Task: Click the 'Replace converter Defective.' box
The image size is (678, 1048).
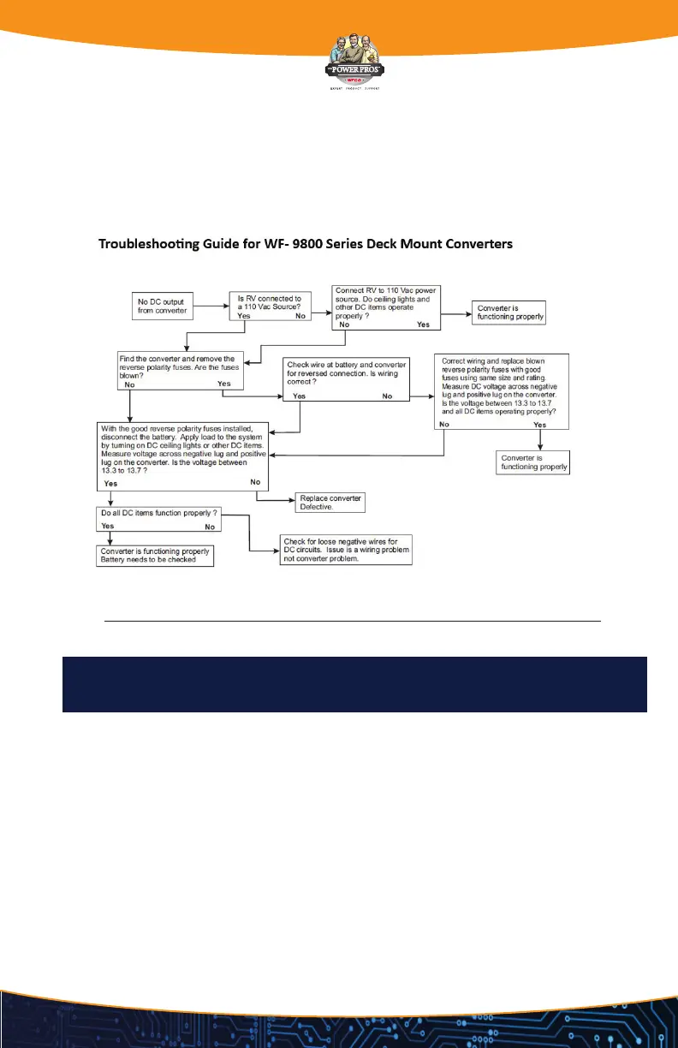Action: click(x=330, y=503)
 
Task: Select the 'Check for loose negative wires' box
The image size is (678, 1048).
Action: click(x=347, y=551)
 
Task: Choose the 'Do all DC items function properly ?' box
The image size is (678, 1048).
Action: click(x=158, y=520)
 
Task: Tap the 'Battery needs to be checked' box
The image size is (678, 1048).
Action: click(x=154, y=556)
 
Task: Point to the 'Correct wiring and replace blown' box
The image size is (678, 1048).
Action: click(x=501, y=391)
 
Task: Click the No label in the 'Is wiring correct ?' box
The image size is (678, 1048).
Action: click(x=387, y=396)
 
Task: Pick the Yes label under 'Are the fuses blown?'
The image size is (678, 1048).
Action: click(x=224, y=384)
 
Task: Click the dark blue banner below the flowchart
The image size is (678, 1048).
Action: click(x=354, y=685)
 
